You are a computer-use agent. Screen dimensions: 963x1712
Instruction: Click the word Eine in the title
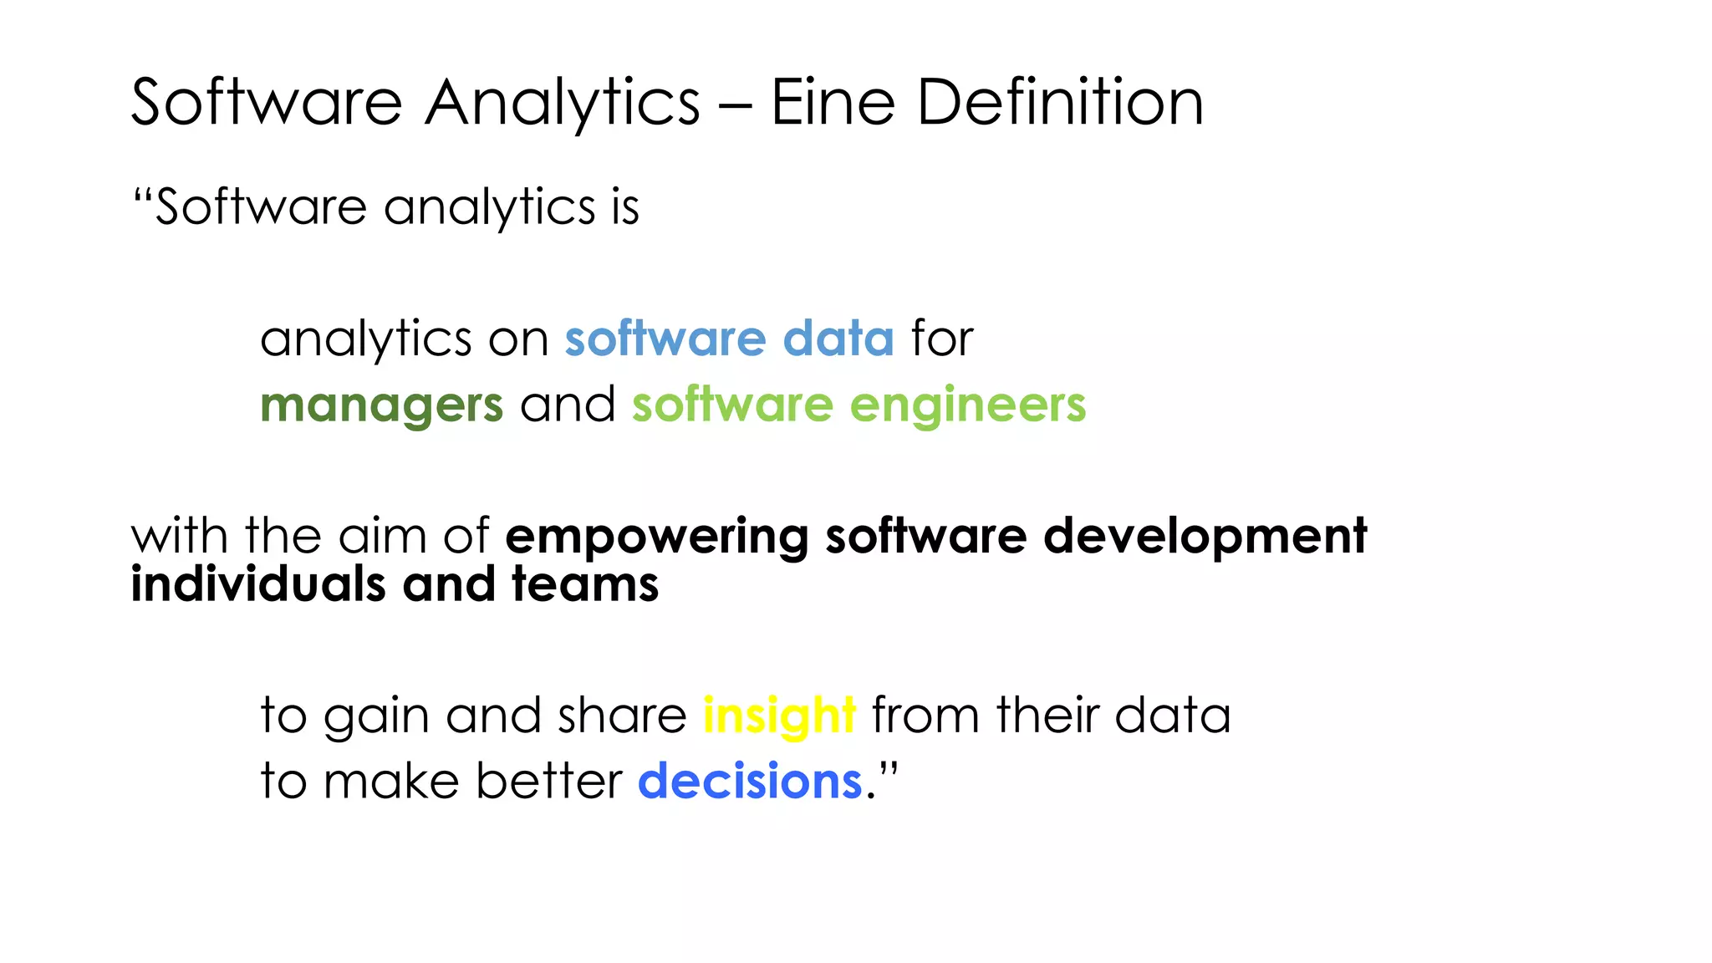pyautogui.click(x=833, y=103)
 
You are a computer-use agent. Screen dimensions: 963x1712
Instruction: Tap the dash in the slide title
pyautogui.click(x=735, y=106)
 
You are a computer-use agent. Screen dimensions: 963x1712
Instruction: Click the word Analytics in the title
pyautogui.click(x=562, y=104)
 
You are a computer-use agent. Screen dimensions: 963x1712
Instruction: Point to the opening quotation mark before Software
pyautogui.click(x=143, y=197)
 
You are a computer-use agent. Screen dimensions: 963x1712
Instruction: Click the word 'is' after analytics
pyautogui.click(x=625, y=206)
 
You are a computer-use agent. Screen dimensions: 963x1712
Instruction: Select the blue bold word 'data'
pyautogui.click(x=838, y=339)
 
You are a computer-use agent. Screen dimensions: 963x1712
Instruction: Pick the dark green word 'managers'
pyautogui.click(x=382, y=406)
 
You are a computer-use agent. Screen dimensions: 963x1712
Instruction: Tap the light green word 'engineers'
pyautogui.click(x=967, y=406)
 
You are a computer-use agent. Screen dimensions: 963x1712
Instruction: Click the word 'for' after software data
pyautogui.click(x=942, y=339)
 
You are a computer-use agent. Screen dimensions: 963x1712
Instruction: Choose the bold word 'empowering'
pyautogui.click(x=656, y=537)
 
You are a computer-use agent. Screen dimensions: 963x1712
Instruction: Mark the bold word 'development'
pyautogui.click(x=1205, y=537)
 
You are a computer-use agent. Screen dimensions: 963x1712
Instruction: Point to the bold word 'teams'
pyautogui.click(x=585, y=583)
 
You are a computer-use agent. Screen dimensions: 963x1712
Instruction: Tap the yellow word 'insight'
pyautogui.click(x=779, y=716)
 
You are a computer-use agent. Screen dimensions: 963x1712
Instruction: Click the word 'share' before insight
pyautogui.click(x=622, y=716)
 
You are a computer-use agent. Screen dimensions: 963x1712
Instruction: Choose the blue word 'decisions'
pyautogui.click(x=750, y=782)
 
